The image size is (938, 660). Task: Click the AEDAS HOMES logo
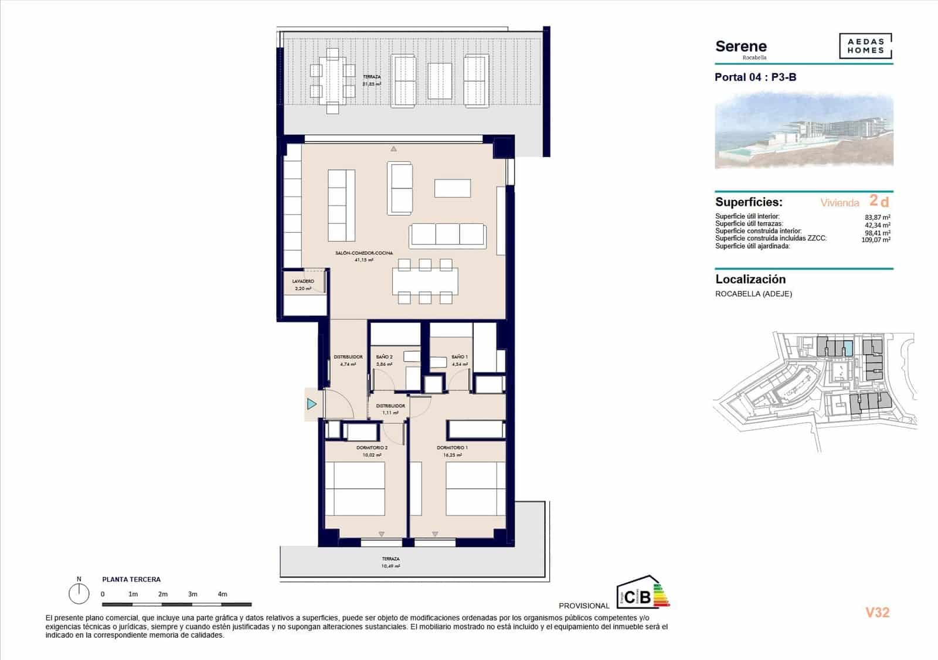coord(865,46)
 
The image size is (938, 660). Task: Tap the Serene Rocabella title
coord(741,48)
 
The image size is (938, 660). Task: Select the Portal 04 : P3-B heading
coord(755,77)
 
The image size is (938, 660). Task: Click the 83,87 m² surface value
coord(878,217)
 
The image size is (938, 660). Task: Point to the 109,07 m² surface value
coord(876,240)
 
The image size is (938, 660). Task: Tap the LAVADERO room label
coord(303,281)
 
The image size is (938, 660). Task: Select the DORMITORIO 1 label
coord(452,448)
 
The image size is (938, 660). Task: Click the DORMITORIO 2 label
coord(372,448)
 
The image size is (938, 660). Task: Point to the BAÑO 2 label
coord(384,357)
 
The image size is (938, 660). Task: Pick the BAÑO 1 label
coord(460,357)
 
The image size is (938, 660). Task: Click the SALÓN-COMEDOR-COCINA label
coord(364,253)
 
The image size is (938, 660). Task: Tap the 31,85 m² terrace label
coord(372,84)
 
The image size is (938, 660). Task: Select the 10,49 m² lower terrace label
coord(390,566)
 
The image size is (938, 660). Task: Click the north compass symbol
coord(79,593)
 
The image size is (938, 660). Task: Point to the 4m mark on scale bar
coord(222,594)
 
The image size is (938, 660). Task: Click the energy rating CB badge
coord(642,593)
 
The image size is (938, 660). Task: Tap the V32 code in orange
coord(877,613)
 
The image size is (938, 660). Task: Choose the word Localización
coord(750,280)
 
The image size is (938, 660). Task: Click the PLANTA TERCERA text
coord(131,580)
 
